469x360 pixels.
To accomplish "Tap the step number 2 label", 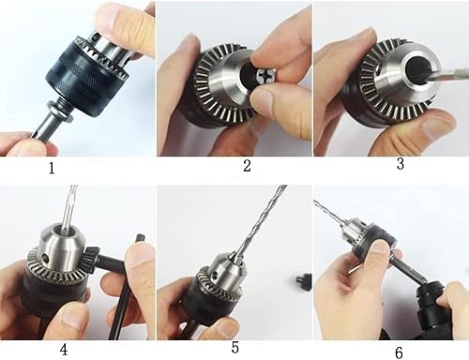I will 247,166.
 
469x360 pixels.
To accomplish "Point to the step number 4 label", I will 63,349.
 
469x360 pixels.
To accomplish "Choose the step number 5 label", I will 235,348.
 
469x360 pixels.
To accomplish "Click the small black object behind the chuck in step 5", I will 302,280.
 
